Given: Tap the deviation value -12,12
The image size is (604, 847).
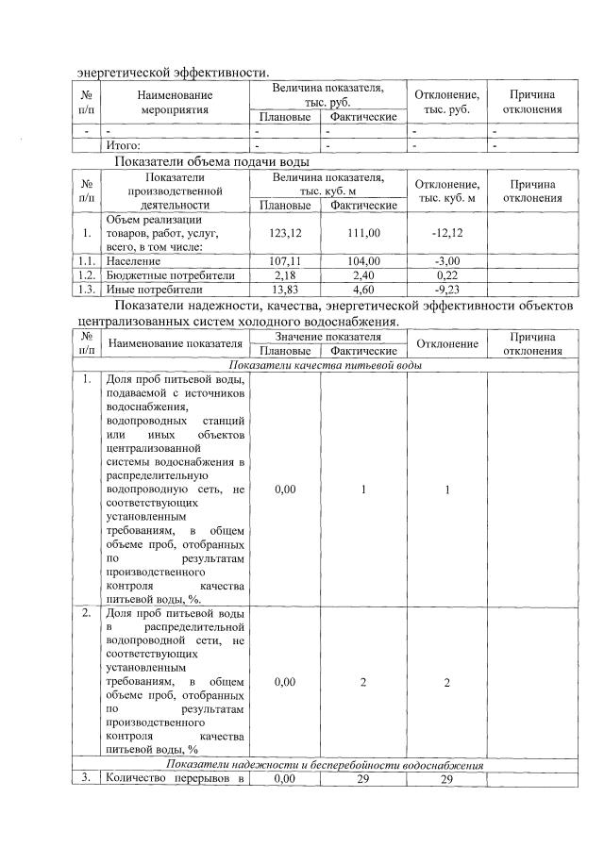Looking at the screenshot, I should [446, 232].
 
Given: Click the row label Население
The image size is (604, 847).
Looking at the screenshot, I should [134, 260].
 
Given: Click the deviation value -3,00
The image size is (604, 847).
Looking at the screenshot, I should [446, 260].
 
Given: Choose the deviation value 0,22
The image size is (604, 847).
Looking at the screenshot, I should [446, 274].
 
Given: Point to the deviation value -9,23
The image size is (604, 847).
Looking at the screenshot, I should [446, 289].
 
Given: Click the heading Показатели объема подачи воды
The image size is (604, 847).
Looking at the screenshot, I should [212, 161].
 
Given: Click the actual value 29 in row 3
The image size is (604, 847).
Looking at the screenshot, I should [363, 779].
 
